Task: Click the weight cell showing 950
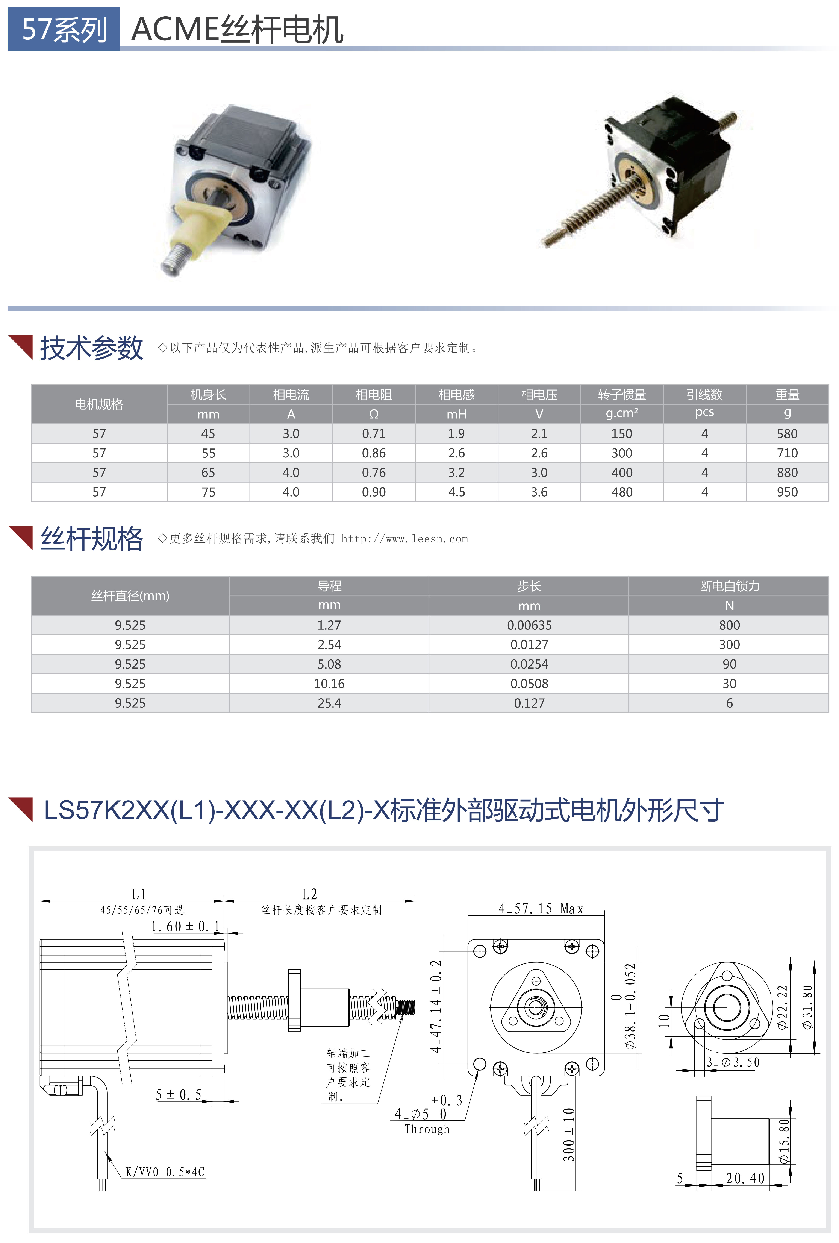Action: pos(787,492)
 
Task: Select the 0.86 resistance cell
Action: pos(373,453)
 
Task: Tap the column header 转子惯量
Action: pos(621,395)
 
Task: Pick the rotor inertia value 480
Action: pos(621,492)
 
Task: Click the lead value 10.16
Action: pos(329,684)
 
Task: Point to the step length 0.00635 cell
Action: pos(529,625)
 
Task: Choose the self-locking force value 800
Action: pos(729,625)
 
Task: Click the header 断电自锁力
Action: pos(729,586)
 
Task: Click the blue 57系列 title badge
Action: pos(64,29)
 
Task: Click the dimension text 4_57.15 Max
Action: pos(541,909)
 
